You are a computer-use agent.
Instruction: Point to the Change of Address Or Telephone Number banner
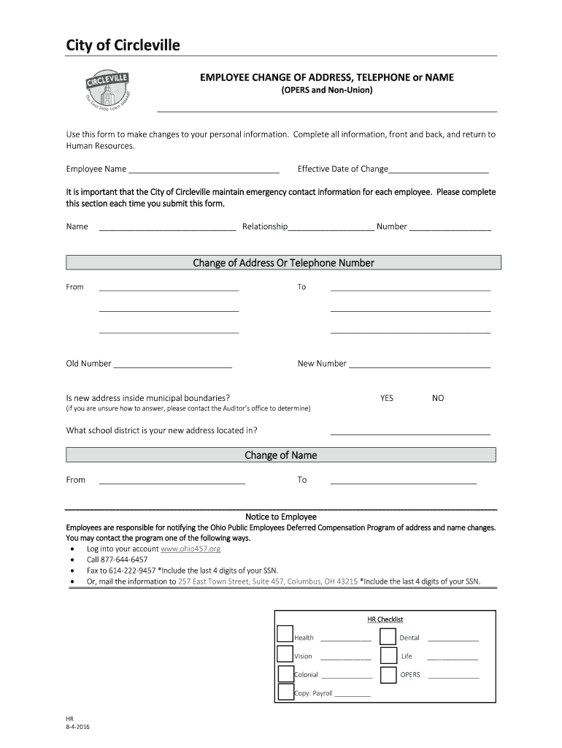[283, 263]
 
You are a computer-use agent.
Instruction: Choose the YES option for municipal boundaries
[386, 398]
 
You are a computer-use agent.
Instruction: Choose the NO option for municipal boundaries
[438, 398]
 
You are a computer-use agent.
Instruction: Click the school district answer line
[410, 433]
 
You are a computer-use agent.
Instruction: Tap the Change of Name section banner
[281, 455]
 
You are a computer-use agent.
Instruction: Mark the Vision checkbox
[285, 654]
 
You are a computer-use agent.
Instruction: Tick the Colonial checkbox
[285, 673]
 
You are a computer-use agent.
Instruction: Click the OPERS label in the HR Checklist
[410, 675]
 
